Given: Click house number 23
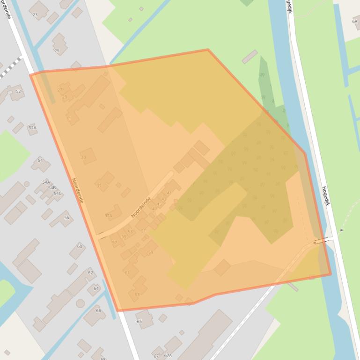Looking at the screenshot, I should (x=35, y=14).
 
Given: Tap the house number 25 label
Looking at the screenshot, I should (x=57, y=50).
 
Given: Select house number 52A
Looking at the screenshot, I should (x=32, y=127).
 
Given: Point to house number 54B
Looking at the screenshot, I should (x=51, y=187).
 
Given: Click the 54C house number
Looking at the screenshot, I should (x=57, y=193).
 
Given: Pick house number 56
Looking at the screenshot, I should (x=66, y=218).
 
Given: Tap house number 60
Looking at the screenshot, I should (x=80, y=246).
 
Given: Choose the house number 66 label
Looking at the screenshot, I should (x=98, y=310).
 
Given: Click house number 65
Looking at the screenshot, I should (x=139, y=322).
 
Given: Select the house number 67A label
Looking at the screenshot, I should (x=168, y=355).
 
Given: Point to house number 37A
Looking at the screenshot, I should (x=108, y=216).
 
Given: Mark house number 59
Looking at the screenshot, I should (x=151, y=252).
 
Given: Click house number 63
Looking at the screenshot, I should (x=137, y=295).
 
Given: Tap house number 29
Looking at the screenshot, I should (x=65, y=97).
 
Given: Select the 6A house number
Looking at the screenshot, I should (x=355, y=22).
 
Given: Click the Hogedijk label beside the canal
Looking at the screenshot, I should (x=326, y=196).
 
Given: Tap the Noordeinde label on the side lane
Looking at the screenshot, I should (x=141, y=207).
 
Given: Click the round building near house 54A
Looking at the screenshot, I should (x=27, y=184).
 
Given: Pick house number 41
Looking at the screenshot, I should (x=169, y=193).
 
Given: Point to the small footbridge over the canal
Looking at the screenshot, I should (x=321, y=241).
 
